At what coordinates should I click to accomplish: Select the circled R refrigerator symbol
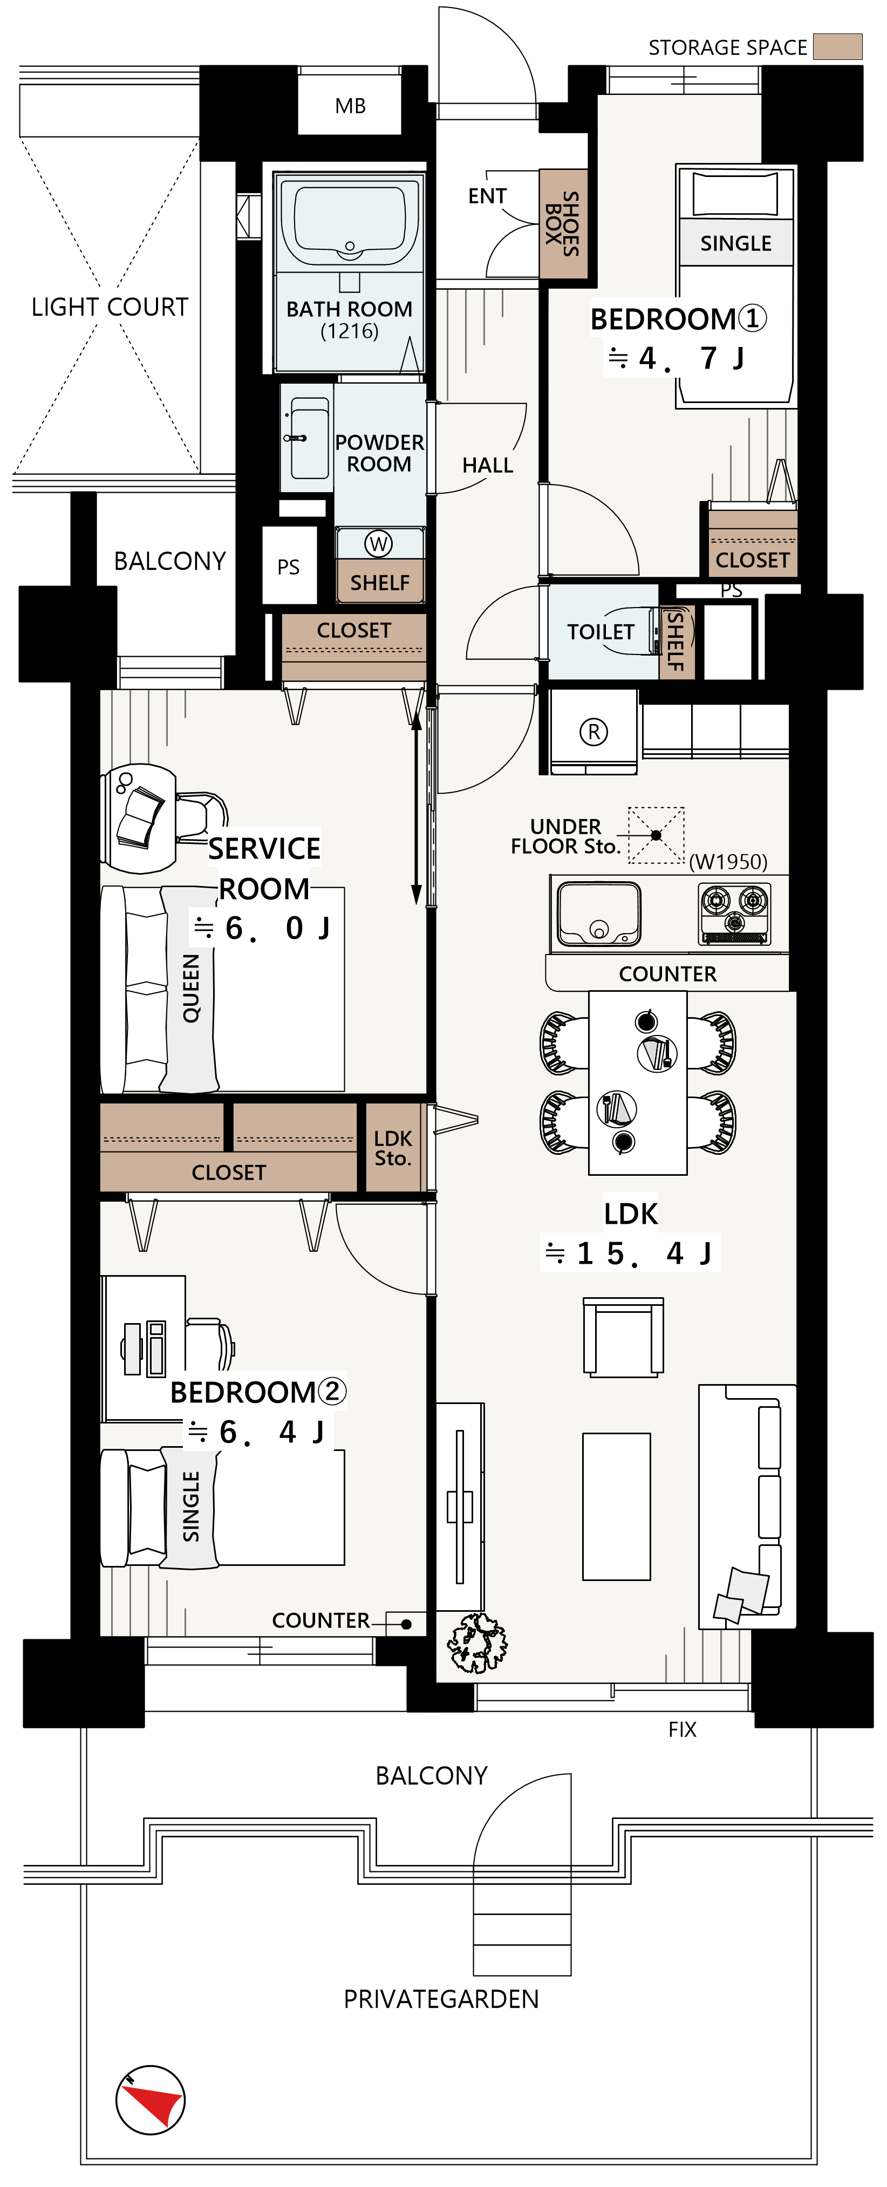593,731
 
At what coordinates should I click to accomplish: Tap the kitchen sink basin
598,914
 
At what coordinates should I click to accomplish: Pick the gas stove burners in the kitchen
735,914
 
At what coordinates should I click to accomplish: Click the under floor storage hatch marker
656,835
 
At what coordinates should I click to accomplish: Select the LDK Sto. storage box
393,1148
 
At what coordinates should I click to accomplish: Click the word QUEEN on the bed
191,987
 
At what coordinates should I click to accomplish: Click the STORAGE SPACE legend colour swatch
838,47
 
